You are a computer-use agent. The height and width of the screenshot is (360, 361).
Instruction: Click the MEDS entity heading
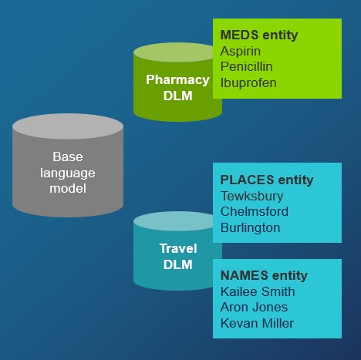pos(258,35)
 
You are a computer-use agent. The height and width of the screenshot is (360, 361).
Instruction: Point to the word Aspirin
pos(241,51)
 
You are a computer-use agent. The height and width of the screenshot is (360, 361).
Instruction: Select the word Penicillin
pos(247,66)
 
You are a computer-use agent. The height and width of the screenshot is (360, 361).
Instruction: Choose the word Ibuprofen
pos(248,82)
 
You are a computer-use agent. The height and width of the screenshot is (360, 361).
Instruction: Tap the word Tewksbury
pos(252,196)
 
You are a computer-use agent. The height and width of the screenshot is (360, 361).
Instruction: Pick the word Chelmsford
pos(255,211)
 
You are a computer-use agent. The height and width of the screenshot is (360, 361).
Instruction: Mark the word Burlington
pos(251,227)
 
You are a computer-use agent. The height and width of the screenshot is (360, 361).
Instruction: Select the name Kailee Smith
pos(258,291)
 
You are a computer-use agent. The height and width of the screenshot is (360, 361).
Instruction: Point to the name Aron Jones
pos(255,307)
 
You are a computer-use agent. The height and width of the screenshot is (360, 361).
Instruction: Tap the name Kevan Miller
pos(257,323)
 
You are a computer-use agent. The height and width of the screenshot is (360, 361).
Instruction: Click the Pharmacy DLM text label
pos(177,87)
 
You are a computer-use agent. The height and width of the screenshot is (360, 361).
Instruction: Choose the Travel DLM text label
pos(178,257)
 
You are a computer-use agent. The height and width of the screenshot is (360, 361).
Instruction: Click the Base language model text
pos(68,172)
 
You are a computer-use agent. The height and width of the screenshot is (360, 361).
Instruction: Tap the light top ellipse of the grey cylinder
pos(68,126)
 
